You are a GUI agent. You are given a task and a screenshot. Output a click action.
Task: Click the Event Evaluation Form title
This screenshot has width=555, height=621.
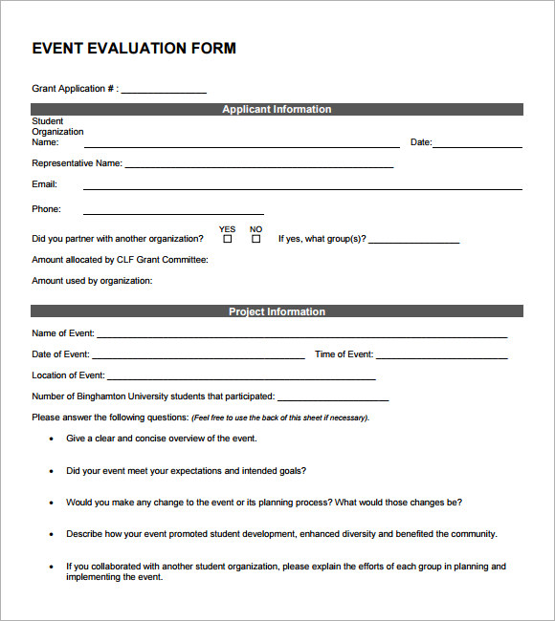point(134,49)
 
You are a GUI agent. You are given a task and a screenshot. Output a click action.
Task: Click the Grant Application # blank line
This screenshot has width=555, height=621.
point(164,92)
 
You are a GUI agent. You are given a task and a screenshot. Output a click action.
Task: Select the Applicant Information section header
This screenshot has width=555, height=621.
point(277,110)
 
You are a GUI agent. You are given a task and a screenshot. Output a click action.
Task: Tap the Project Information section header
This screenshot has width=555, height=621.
point(277,311)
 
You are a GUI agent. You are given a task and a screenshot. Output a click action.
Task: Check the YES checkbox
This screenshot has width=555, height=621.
point(227,239)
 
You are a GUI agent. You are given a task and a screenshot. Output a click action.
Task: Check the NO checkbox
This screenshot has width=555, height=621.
point(255,239)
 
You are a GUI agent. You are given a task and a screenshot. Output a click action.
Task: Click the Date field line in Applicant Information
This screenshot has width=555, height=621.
point(477,146)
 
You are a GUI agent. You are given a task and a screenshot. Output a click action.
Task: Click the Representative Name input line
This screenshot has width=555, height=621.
point(259,166)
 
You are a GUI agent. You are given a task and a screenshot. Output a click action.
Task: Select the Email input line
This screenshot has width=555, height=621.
point(302,188)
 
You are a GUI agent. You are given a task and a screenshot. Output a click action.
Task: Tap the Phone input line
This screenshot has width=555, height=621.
point(173,213)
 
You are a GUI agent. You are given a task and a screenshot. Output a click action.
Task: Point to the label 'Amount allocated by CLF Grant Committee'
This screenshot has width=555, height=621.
point(120,260)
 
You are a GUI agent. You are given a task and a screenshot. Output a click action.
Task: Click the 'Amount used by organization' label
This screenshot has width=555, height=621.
point(92,281)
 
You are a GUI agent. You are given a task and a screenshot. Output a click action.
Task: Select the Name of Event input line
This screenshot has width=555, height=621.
point(301,336)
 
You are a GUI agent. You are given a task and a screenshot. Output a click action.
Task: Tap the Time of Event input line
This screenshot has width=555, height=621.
point(441,357)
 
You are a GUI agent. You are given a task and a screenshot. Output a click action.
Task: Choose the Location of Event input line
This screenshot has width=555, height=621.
point(241,379)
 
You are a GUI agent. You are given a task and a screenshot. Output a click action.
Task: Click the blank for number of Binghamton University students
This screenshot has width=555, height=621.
point(333,399)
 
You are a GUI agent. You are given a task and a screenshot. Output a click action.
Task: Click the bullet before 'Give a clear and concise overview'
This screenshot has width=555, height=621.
point(51,439)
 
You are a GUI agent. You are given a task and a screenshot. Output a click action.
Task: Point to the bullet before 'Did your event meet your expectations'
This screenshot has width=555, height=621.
point(51,471)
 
